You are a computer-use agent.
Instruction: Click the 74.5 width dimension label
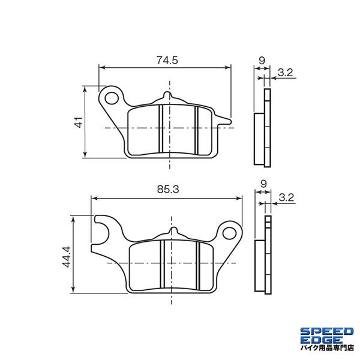click(x=167, y=60)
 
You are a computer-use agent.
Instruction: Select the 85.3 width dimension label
click(x=168, y=190)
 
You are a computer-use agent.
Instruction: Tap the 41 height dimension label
click(x=79, y=122)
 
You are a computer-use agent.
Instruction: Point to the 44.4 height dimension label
click(x=67, y=257)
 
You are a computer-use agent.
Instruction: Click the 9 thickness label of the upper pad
click(x=262, y=61)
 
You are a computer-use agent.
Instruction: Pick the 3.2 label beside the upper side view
click(x=286, y=73)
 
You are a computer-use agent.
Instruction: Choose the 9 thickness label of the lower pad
click(x=263, y=184)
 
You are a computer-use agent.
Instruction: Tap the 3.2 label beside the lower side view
click(x=286, y=197)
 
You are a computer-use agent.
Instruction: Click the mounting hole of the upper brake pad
click(x=112, y=98)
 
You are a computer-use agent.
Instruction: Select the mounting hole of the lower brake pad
click(x=229, y=233)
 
